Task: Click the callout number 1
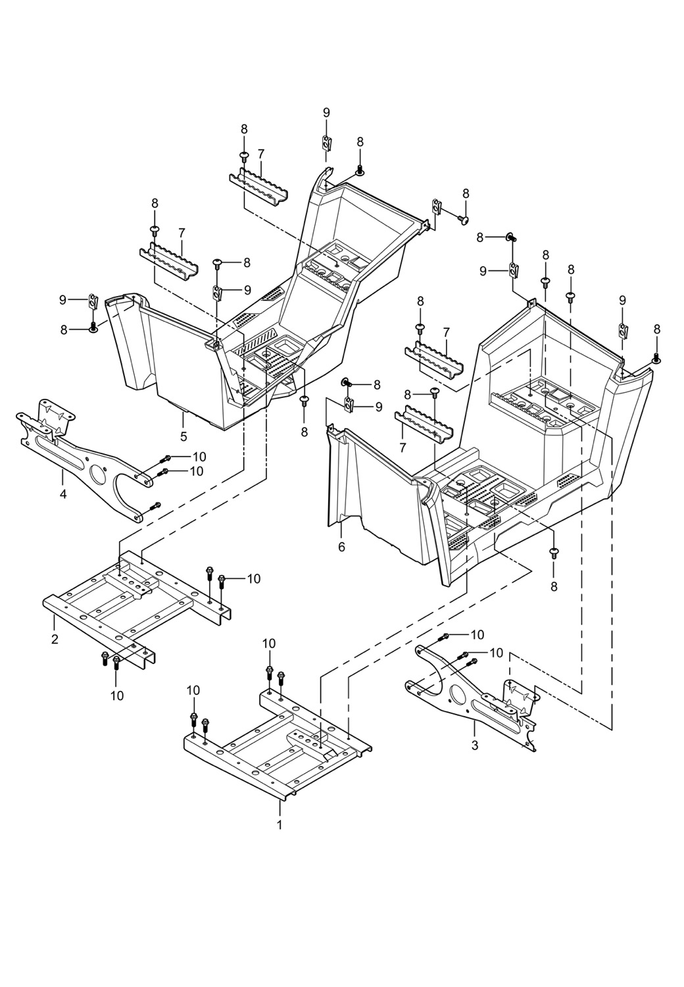tap(280, 824)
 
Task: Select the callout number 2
tap(55, 639)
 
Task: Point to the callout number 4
tap(63, 493)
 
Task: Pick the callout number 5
tap(183, 436)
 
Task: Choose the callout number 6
tap(341, 547)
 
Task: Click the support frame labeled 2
tap(132, 602)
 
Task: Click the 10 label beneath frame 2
tap(117, 695)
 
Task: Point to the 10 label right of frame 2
tap(254, 578)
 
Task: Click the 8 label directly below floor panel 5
tap(304, 432)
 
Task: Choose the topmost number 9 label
tap(326, 113)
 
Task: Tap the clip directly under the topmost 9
tap(326, 141)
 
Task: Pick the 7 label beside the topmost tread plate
tap(261, 153)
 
